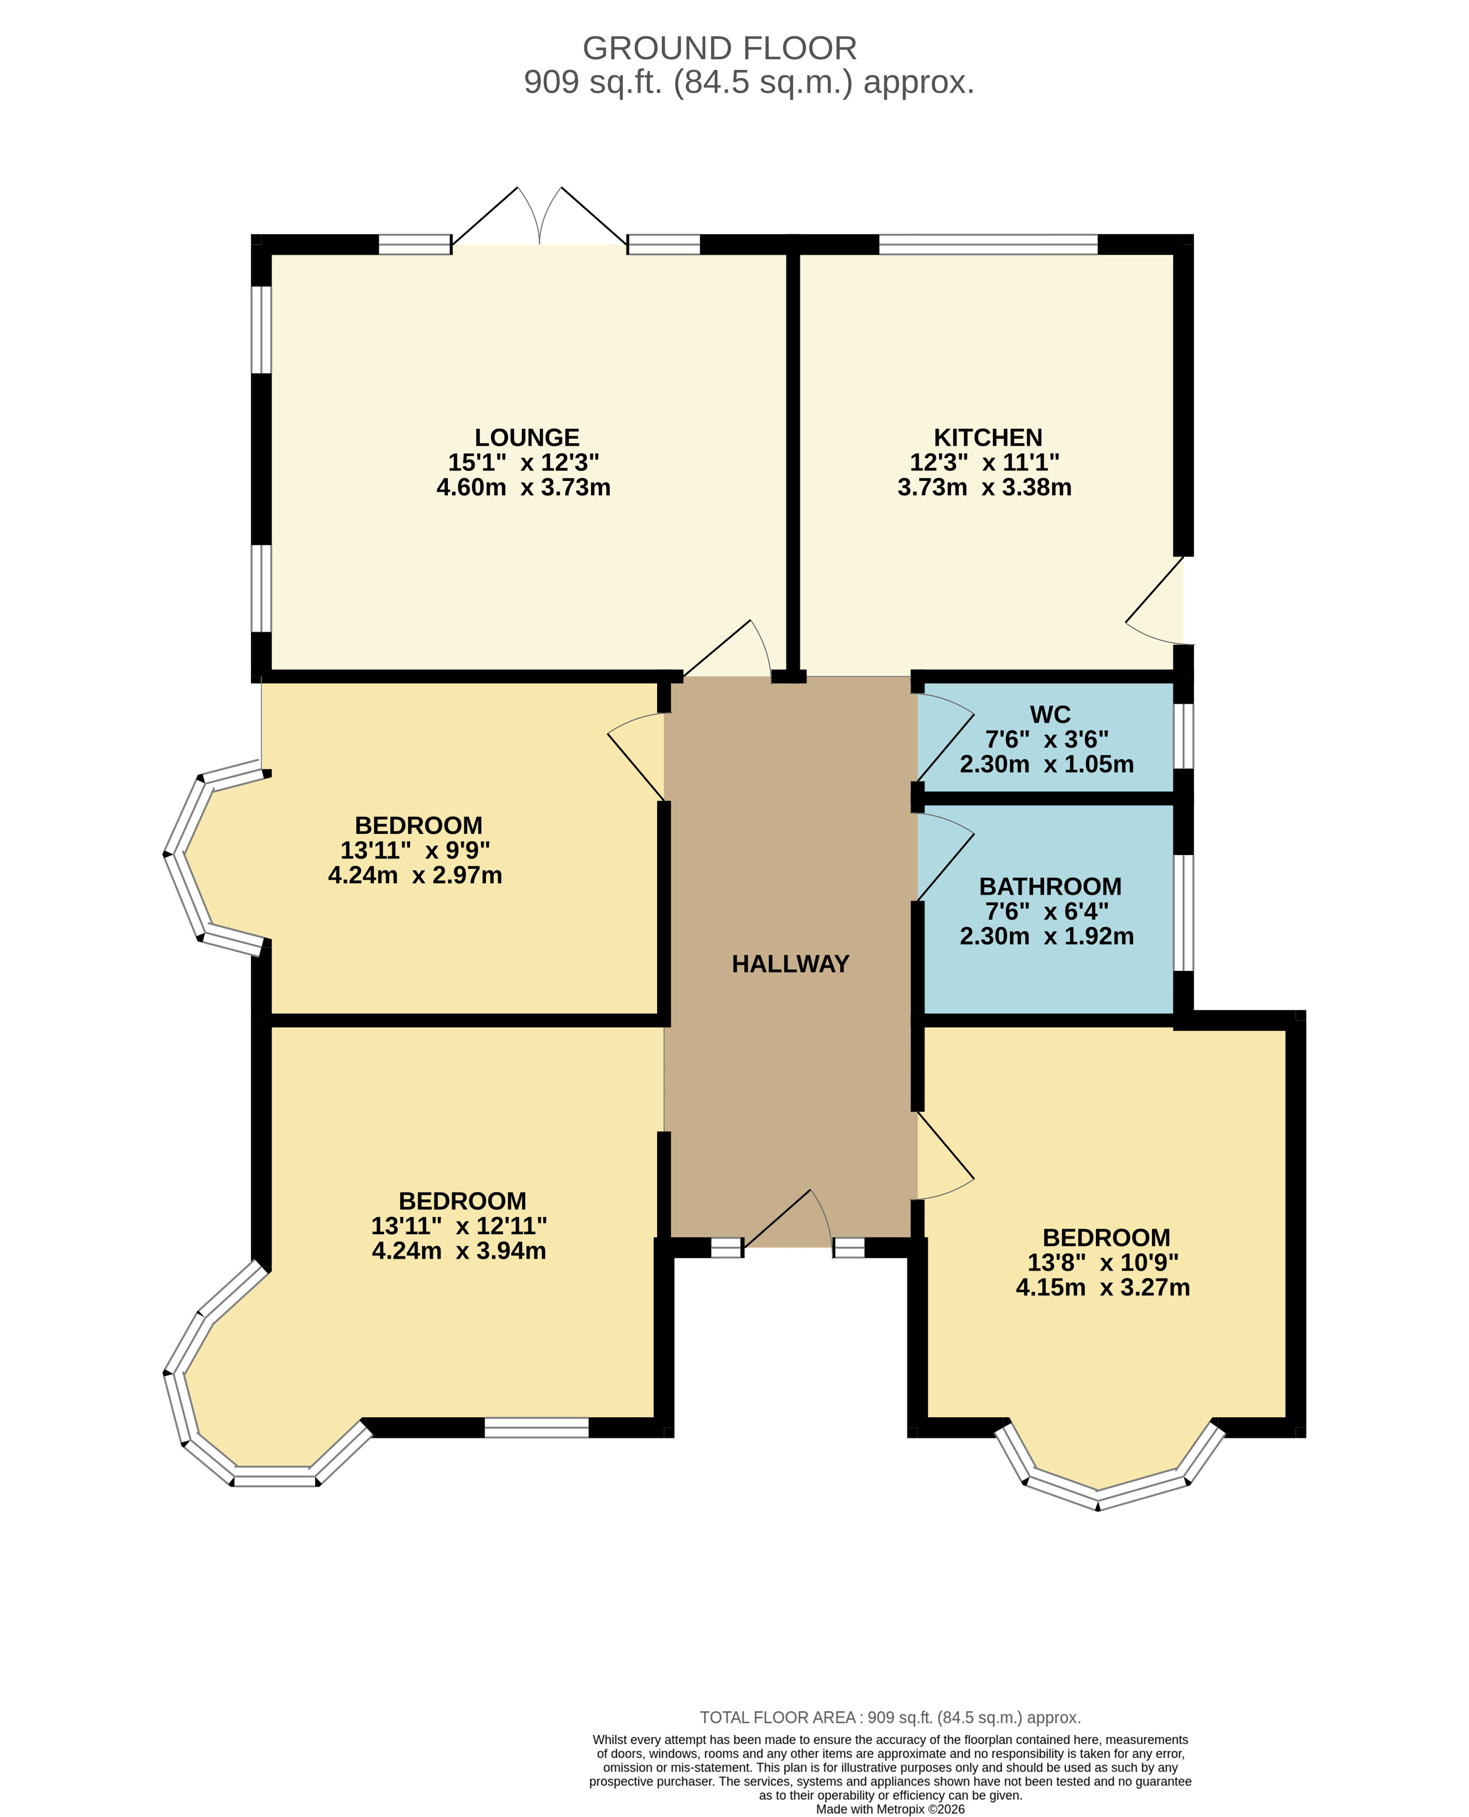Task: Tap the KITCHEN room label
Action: [x=988, y=438]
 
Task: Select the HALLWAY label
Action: [x=791, y=964]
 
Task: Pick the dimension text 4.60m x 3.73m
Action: [x=523, y=487]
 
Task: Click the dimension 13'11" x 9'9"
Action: [x=415, y=850]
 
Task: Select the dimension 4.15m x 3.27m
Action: [x=1103, y=1287]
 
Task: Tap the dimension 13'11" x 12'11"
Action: [x=459, y=1226]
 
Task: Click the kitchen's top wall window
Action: [x=989, y=244]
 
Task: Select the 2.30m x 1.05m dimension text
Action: [x=1047, y=764]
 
